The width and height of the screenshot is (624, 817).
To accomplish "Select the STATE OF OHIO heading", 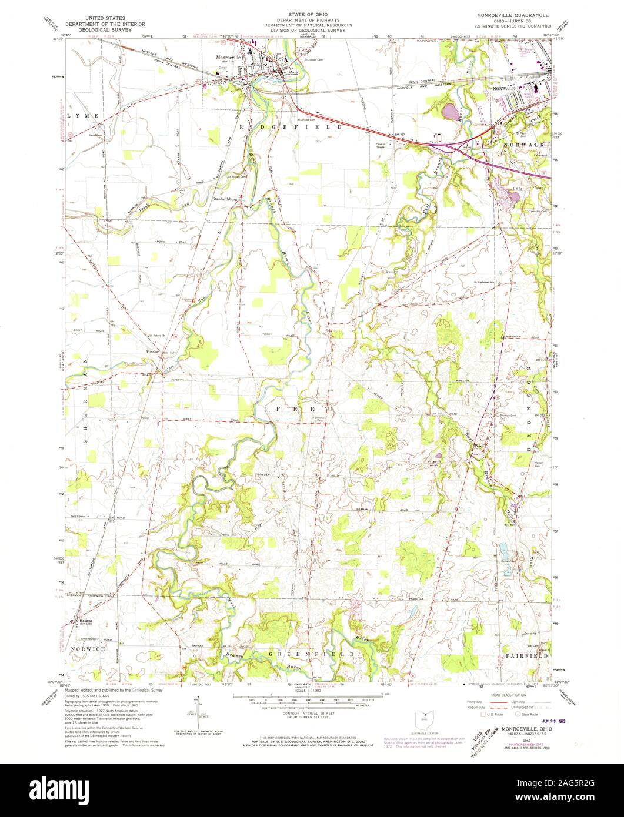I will click(x=308, y=14).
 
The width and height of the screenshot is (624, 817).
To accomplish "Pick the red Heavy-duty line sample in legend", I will click(x=494, y=702).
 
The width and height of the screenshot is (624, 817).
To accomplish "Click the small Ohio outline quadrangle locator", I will click(x=420, y=718).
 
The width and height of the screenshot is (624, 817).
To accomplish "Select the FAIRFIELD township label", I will click(x=526, y=655).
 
